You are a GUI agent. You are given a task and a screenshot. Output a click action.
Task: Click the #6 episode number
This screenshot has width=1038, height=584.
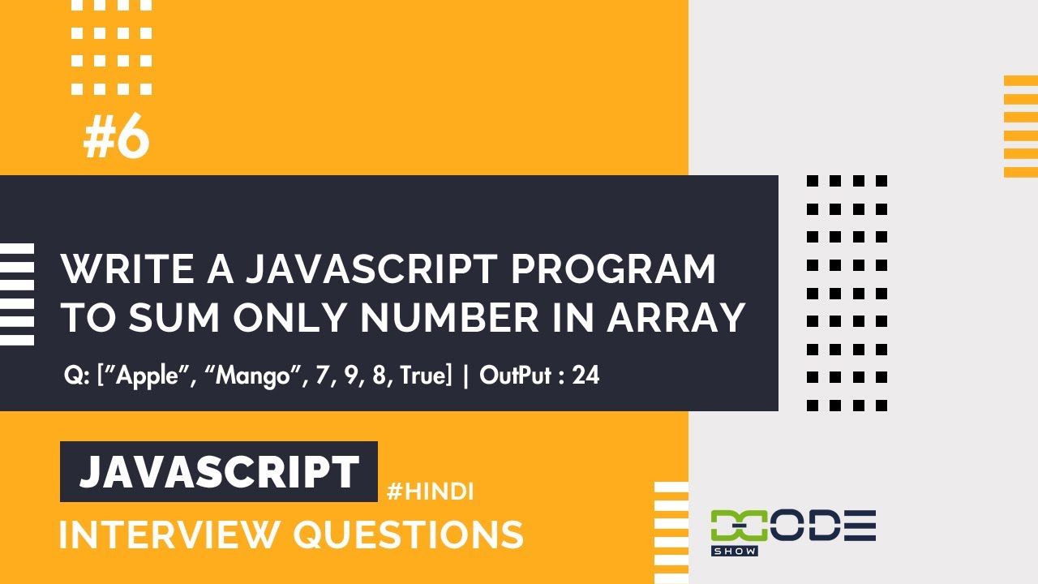pyautogui.click(x=117, y=139)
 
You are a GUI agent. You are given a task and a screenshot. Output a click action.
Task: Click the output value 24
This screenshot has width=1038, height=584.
pyautogui.click(x=585, y=376)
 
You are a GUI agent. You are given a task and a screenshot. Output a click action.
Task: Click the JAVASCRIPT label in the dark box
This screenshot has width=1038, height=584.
pyautogui.click(x=219, y=472)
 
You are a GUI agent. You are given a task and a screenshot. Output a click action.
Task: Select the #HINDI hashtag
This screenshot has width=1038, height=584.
pyautogui.click(x=430, y=492)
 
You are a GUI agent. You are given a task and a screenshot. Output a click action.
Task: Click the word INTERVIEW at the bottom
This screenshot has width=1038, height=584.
pyautogui.click(x=168, y=535)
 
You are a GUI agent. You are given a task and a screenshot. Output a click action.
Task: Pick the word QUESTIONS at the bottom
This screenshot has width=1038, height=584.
pyautogui.click(x=408, y=535)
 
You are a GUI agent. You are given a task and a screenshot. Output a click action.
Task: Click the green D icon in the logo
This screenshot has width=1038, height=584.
pyautogui.click(x=732, y=526)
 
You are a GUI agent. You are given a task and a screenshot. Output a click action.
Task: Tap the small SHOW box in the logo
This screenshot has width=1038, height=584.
pyautogui.click(x=734, y=551)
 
